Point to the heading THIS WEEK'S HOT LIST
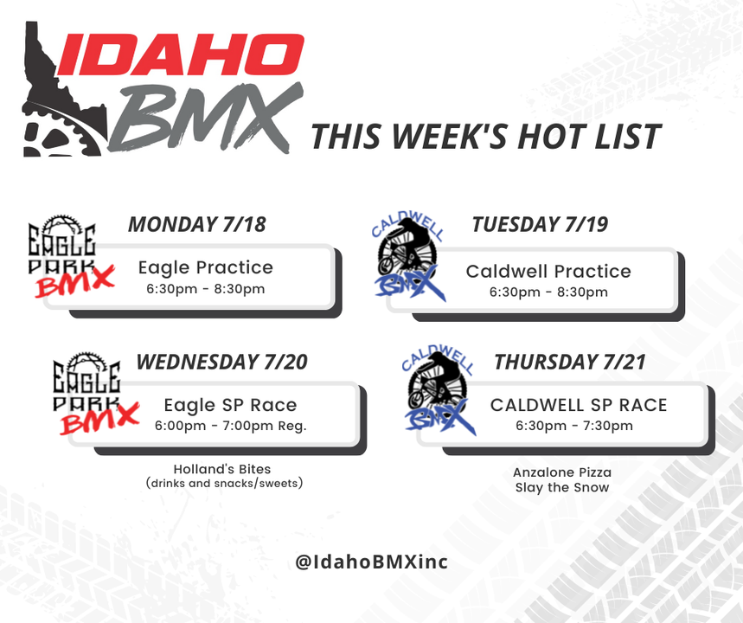486,137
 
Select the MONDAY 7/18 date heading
197,224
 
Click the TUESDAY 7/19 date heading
540,224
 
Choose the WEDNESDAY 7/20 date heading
221,362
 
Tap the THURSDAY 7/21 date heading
569,362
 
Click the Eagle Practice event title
206,268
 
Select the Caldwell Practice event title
548,271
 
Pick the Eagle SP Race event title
230,405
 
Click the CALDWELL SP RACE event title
579,405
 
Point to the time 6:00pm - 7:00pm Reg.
231,426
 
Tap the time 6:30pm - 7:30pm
574,426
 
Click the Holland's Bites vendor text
222,469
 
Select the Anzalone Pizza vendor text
562,472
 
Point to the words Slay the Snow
562,487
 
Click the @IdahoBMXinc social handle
372,562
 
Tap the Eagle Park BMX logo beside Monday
71,256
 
